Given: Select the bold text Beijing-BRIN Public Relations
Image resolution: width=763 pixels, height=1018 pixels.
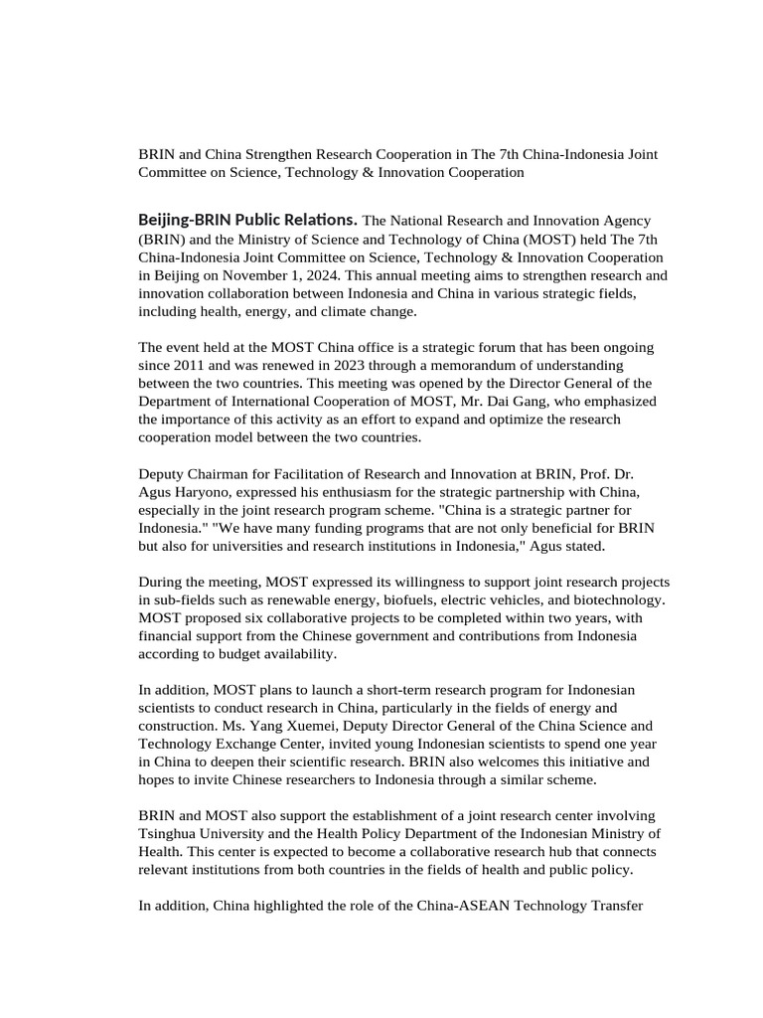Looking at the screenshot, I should point(247,219).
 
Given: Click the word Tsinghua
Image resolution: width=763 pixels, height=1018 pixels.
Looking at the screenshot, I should point(173,833).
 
